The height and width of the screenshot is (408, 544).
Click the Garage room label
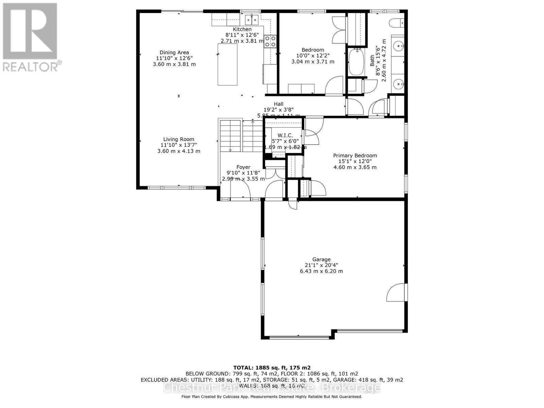[x=321, y=259]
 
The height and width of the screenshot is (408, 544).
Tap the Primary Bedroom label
[x=355, y=156]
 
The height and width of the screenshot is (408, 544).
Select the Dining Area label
[x=174, y=52]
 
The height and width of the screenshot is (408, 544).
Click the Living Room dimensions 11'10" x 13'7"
[x=178, y=145]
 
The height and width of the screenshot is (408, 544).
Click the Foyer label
[x=243, y=167]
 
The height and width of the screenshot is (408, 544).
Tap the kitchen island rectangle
[x=227, y=65]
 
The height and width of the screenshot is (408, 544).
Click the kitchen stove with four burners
[x=270, y=41]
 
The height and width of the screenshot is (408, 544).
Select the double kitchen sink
[x=252, y=20]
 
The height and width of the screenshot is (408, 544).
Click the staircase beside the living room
[x=241, y=136]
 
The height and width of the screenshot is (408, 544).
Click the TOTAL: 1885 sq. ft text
[x=272, y=368]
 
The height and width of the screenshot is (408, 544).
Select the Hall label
[x=278, y=104]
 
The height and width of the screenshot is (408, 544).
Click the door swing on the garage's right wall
[x=396, y=292]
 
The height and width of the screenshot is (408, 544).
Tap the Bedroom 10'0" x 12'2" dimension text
[x=312, y=56]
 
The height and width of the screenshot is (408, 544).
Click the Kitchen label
[x=242, y=30]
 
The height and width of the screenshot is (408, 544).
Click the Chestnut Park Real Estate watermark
[x=272, y=388]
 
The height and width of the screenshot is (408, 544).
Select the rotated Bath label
[x=372, y=62]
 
